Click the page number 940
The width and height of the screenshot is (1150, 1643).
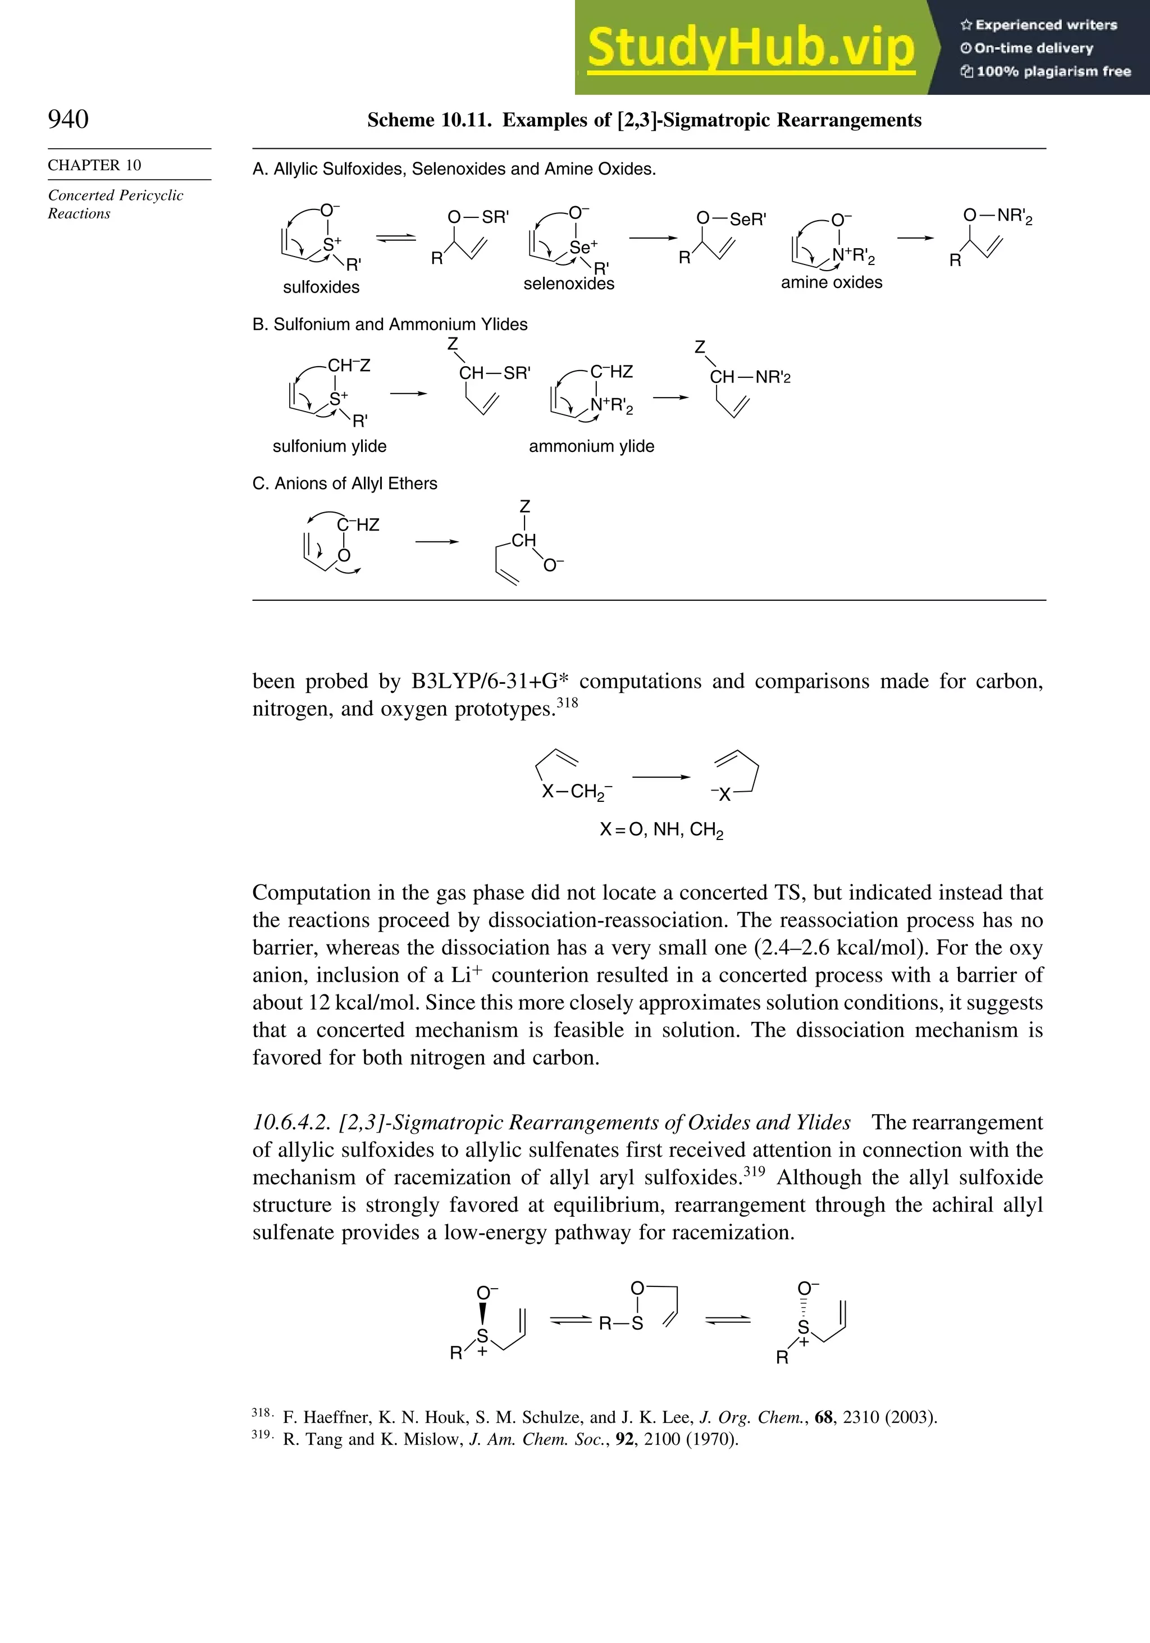pyautogui.click(x=68, y=119)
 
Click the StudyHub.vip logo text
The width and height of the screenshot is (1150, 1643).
pyautogui.click(x=751, y=47)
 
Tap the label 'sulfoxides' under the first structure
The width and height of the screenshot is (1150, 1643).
pyautogui.click(x=321, y=287)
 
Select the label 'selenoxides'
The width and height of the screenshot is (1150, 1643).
pyautogui.click(x=569, y=284)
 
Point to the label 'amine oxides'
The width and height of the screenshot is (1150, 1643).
pyautogui.click(x=832, y=282)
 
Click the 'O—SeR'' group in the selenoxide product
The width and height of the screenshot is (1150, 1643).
pyautogui.click(x=731, y=219)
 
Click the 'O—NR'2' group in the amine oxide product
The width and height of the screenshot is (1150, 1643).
pyautogui.click(x=998, y=216)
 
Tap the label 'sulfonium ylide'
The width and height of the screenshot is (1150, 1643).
pyautogui.click(x=329, y=446)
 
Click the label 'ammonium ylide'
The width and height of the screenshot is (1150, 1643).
pyautogui.click(x=591, y=446)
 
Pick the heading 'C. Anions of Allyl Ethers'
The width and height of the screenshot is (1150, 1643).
pyautogui.click(x=345, y=483)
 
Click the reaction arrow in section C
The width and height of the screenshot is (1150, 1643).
pyautogui.click(x=436, y=542)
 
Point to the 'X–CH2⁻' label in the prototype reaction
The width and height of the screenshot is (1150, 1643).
pyautogui.click(x=576, y=791)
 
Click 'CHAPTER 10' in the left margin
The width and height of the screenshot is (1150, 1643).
pyautogui.click(x=94, y=165)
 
